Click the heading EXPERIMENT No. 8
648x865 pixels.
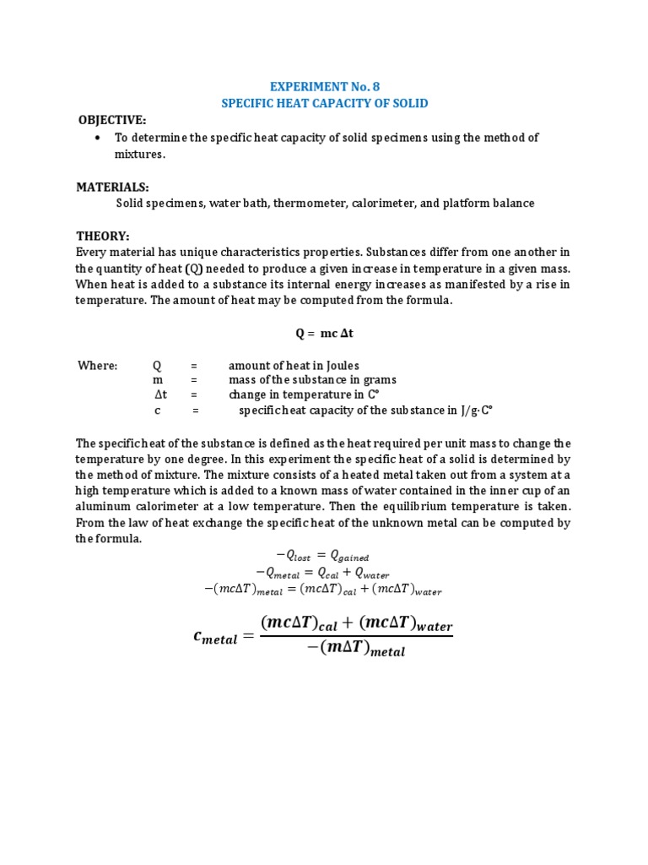click(324, 86)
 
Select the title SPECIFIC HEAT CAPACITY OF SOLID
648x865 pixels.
click(324, 103)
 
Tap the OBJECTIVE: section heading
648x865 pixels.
click(112, 120)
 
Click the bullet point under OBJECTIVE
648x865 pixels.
click(99, 138)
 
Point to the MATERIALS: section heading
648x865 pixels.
click(112, 187)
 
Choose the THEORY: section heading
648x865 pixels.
click(102, 237)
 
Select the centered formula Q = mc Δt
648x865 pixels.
click(324, 333)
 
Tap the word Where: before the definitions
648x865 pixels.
click(98, 366)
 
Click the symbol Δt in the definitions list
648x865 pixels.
click(161, 395)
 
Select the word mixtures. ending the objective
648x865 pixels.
click(140, 155)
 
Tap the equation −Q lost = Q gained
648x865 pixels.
click(324, 555)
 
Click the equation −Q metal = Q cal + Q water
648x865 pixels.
click(324, 573)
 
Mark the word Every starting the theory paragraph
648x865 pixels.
click(90, 253)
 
